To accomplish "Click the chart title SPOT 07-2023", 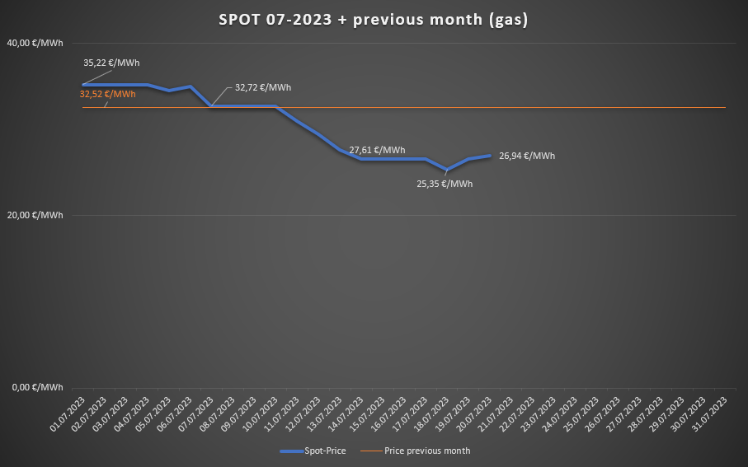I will (374, 20).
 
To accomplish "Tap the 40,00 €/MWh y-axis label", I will (35, 42).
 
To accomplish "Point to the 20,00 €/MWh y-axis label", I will (35, 215).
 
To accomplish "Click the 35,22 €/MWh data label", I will (111, 62).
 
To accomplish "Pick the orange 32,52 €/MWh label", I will (107, 94).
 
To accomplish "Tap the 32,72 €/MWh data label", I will (263, 87).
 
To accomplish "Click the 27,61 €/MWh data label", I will (377, 150).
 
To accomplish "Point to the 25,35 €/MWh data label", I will (445, 184).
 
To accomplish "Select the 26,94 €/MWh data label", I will (527, 156).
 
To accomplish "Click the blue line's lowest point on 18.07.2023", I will (447, 170).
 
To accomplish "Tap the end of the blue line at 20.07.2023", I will (490, 156).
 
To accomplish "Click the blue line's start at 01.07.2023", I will (83, 85).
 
